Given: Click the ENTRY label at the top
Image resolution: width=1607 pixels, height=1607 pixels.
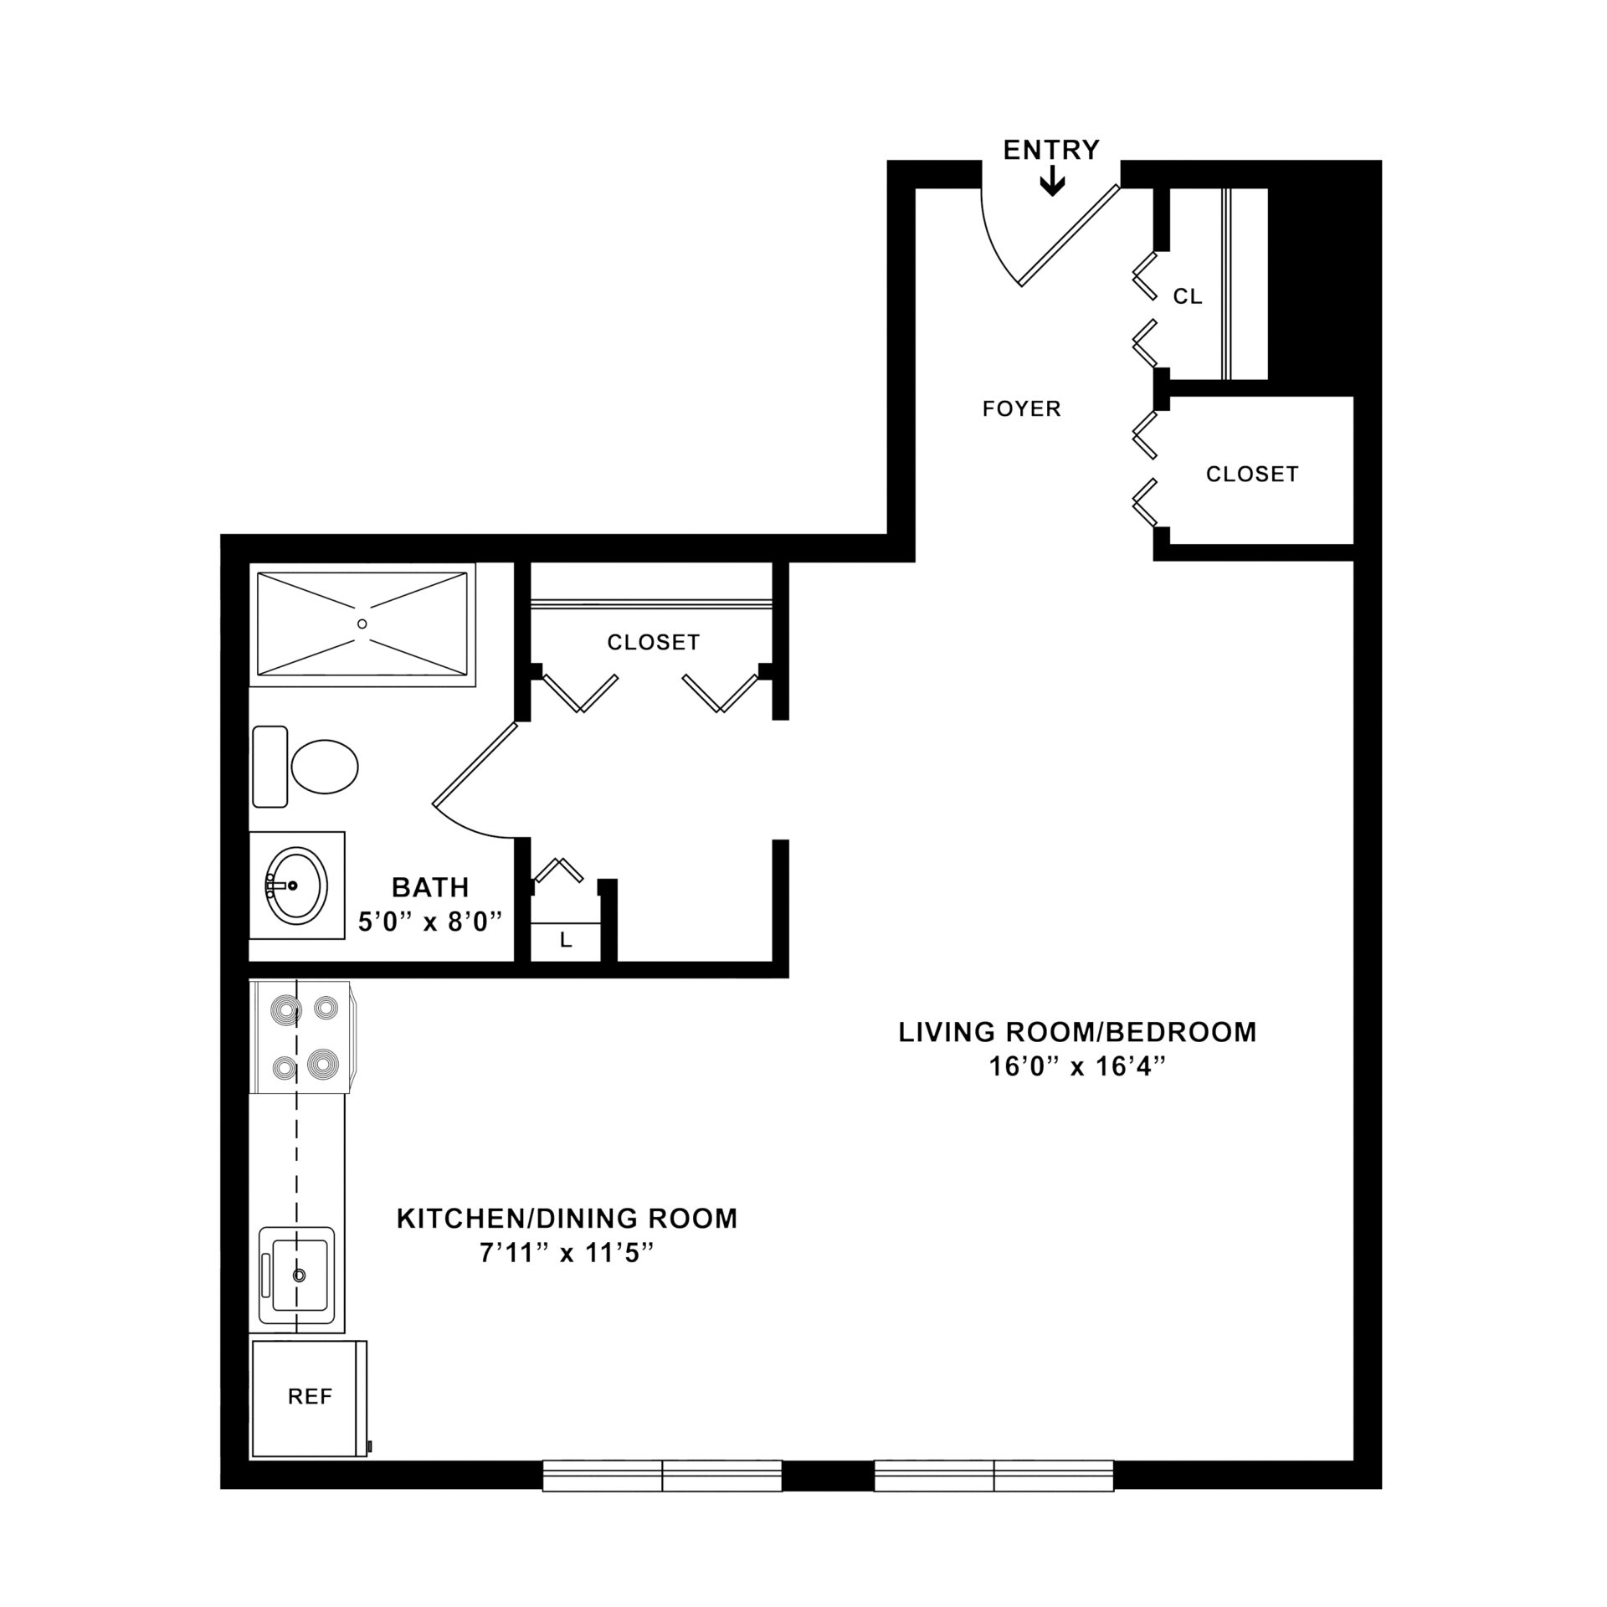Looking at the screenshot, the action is pyautogui.click(x=1051, y=150).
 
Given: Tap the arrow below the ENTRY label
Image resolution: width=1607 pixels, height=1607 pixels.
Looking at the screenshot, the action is pyautogui.click(x=1052, y=182).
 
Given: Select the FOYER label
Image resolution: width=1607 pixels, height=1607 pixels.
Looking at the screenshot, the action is pyautogui.click(x=1021, y=408).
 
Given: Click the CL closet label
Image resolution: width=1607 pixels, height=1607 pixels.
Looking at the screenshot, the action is pyautogui.click(x=1188, y=296).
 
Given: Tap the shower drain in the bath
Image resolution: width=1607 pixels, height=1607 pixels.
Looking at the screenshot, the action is pyautogui.click(x=362, y=624).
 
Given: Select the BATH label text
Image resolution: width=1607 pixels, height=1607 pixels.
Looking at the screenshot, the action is pyautogui.click(x=430, y=887).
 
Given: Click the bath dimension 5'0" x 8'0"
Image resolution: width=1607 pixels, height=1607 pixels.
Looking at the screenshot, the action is pyautogui.click(x=430, y=922).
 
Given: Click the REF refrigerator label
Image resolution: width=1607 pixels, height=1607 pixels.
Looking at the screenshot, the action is pyautogui.click(x=310, y=1396).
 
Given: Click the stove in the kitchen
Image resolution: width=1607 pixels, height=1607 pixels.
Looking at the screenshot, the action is pyautogui.click(x=304, y=1037).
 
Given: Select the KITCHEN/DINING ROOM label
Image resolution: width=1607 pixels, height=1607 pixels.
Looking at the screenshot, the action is pyautogui.click(x=567, y=1219).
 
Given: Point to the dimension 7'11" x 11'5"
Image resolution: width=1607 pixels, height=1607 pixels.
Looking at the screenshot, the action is pyautogui.click(x=567, y=1254).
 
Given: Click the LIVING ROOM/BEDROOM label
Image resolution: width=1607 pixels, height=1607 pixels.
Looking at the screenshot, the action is pyautogui.click(x=1077, y=1032).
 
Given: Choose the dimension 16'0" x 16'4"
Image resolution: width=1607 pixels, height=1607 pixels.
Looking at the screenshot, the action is pyautogui.click(x=1077, y=1067).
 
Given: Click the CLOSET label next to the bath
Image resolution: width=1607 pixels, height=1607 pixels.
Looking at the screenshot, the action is pyautogui.click(x=653, y=642).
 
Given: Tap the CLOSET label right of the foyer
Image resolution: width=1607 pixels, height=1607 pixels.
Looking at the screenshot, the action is pyautogui.click(x=1252, y=474).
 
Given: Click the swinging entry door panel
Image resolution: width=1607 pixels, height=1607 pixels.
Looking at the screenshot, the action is pyautogui.click(x=1069, y=235).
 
